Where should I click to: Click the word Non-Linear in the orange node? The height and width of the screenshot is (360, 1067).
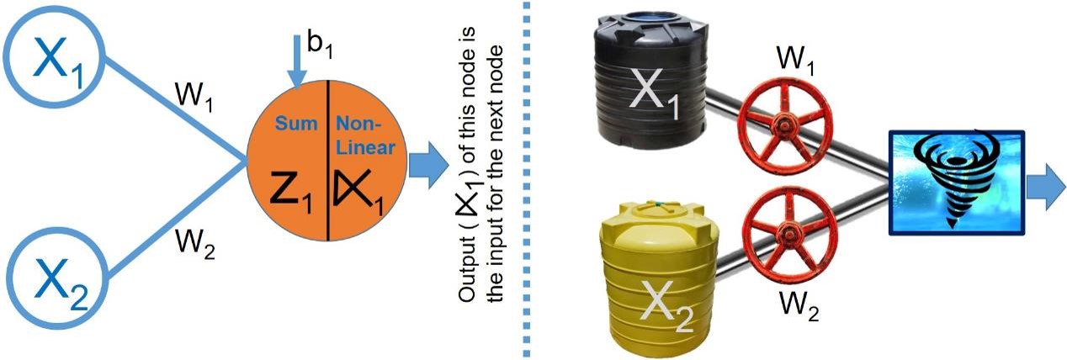[360, 135]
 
